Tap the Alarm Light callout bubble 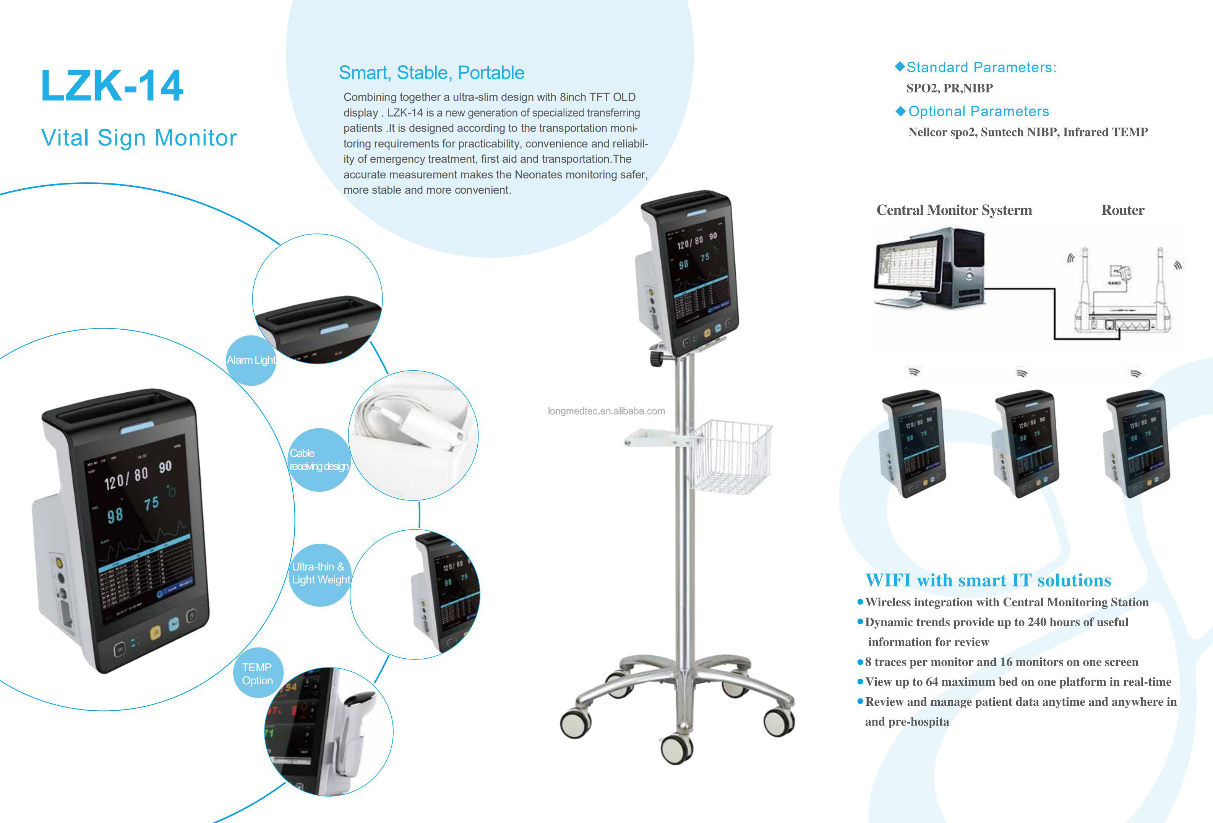click(251, 360)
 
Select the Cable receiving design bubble click(318, 460)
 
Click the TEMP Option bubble click(257, 674)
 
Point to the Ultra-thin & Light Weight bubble click(320, 574)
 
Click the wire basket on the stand click(731, 456)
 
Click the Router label click(1122, 210)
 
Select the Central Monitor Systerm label click(954, 210)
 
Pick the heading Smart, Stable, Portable click(431, 73)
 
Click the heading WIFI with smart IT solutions click(988, 580)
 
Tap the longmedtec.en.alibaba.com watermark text click(606, 411)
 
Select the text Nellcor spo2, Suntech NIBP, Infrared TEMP click(1027, 132)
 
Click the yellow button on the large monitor click(156, 632)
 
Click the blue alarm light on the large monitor click(137, 428)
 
